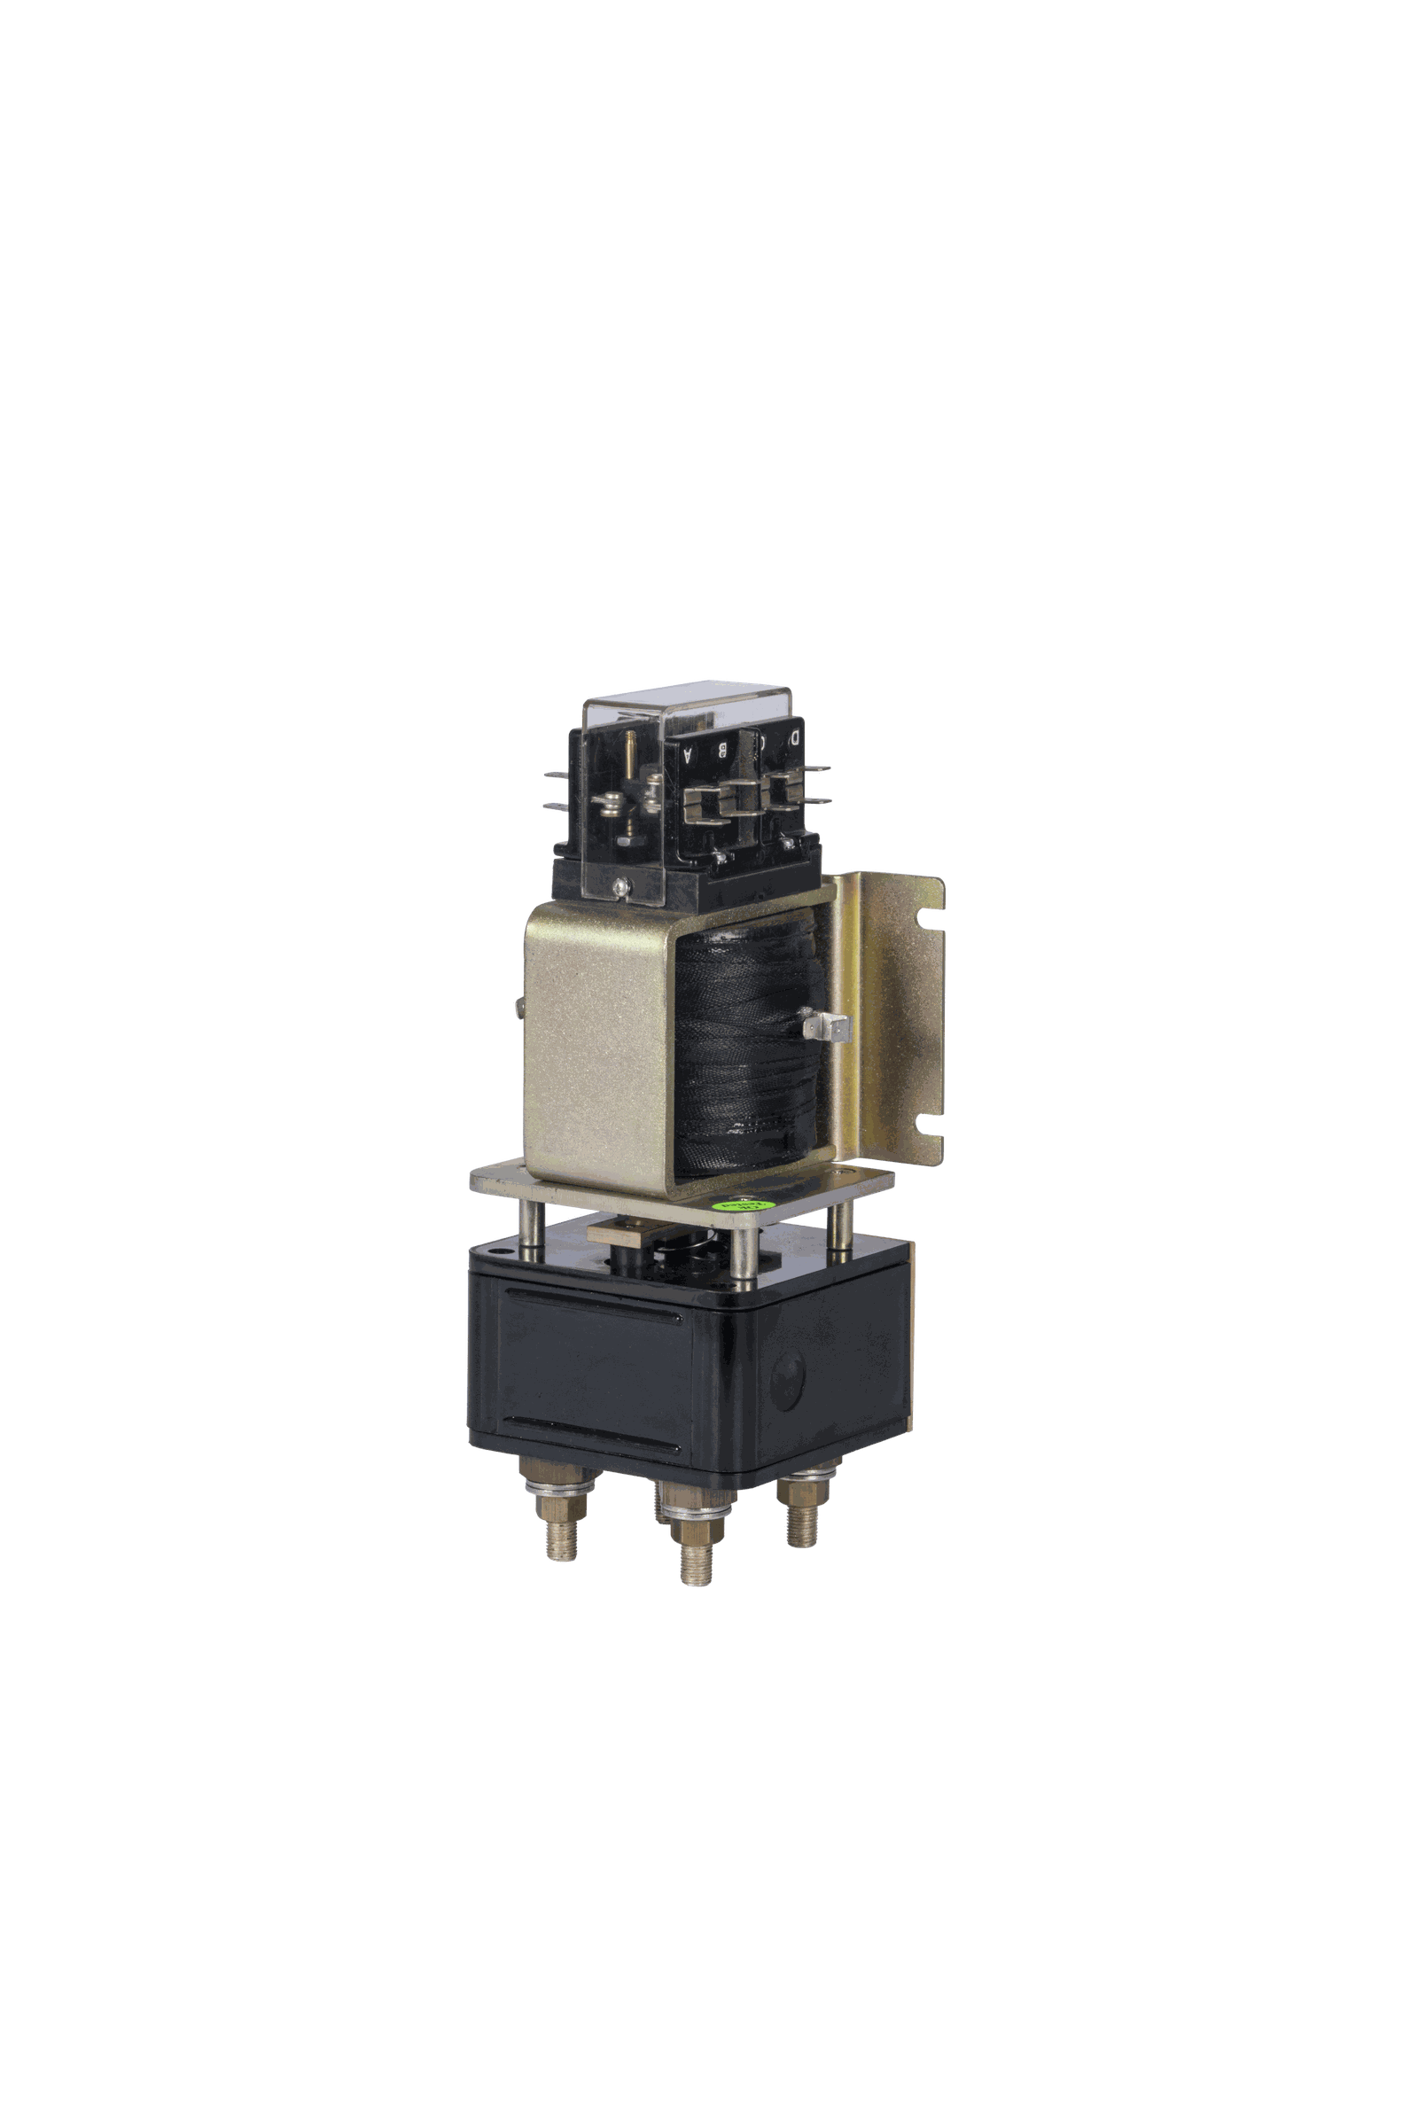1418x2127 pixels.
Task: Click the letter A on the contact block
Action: point(689,757)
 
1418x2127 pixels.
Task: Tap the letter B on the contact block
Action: point(723,750)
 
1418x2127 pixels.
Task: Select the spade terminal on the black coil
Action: point(834,1028)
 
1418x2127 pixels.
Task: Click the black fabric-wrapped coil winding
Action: point(742,1049)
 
